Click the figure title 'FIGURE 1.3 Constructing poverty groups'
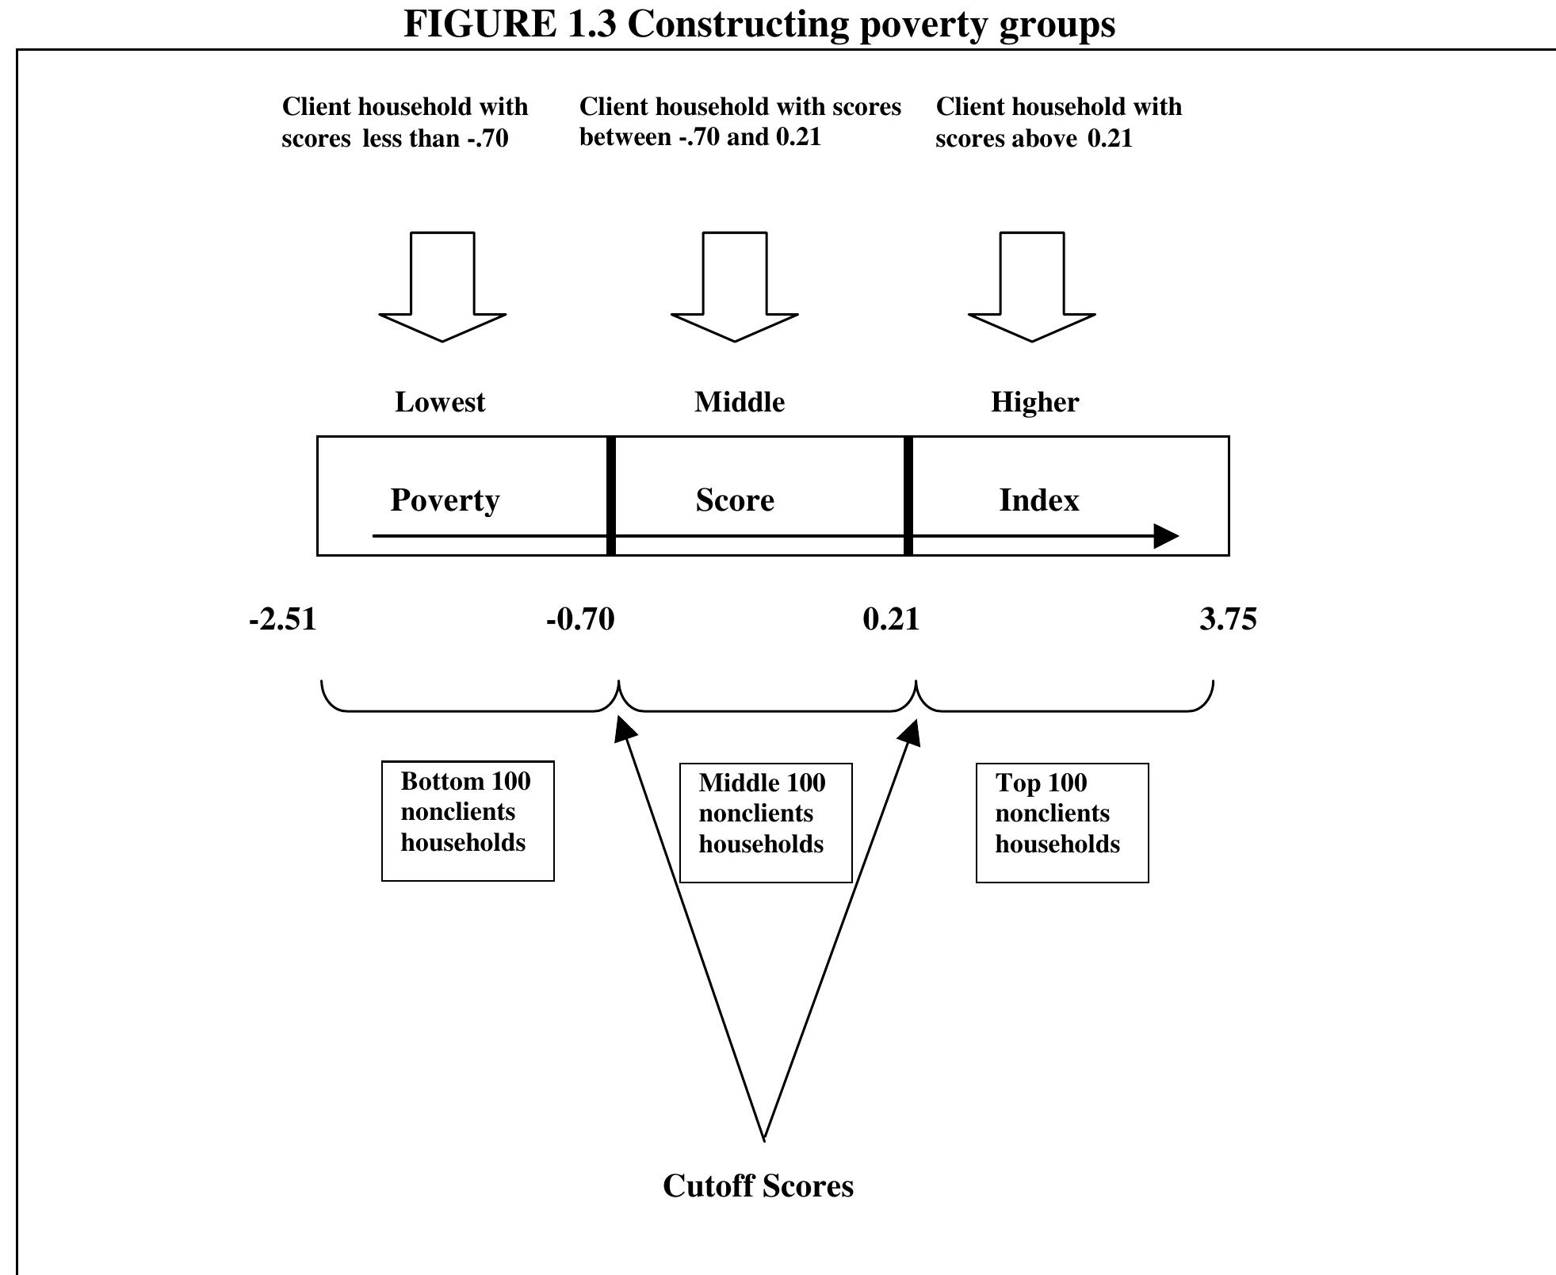click(x=759, y=24)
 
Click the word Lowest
click(x=440, y=402)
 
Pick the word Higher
click(x=1034, y=402)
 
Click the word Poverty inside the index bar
click(x=445, y=500)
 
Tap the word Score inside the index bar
click(x=735, y=500)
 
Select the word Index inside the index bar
click(x=1039, y=500)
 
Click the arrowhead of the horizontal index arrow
click(x=1166, y=536)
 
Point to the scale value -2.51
click(x=283, y=619)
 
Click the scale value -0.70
click(x=580, y=619)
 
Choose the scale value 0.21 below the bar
click(x=891, y=619)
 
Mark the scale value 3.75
click(x=1228, y=619)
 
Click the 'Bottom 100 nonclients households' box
click(x=468, y=821)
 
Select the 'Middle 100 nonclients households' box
click(x=766, y=823)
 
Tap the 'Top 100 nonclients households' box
click(x=1062, y=823)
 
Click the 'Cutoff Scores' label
click(x=758, y=1186)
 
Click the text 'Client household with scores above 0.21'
click(x=1058, y=122)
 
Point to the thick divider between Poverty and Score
click(x=611, y=496)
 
